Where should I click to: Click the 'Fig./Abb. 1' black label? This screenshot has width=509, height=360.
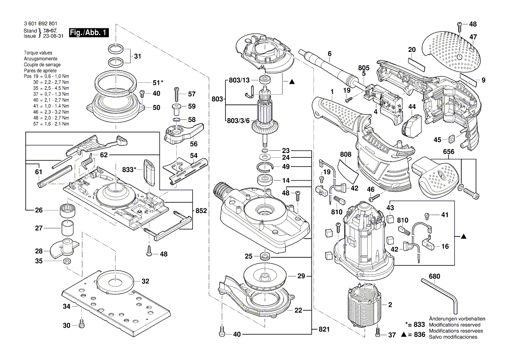tap(89, 33)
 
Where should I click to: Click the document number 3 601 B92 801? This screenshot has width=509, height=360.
tap(40, 24)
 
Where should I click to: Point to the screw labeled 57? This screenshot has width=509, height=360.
tap(177, 94)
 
